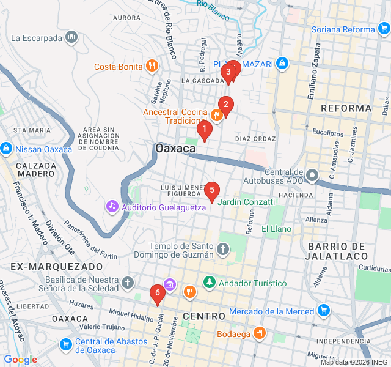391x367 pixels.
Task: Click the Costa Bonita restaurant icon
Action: pyautogui.click(x=152, y=66)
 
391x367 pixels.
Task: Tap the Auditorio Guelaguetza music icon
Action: pyautogui.click(x=112, y=206)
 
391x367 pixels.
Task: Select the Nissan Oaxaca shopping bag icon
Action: pyautogui.click(x=5, y=148)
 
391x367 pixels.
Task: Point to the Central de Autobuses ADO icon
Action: pyautogui.click(x=312, y=176)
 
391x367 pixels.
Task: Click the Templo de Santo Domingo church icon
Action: pyautogui.click(x=223, y=250)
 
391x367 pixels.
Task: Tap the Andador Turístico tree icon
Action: pyautogui.click(x=210, y=283)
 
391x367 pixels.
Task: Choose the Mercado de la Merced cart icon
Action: pyautogui.click(x=324, y=312)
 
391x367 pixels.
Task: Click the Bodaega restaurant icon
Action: pyautogui.click(x=260, y=334)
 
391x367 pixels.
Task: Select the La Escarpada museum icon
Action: pyautogui.click(x=72, y=37)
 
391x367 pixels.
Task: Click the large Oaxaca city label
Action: pyautogui.click(x=175, y=149)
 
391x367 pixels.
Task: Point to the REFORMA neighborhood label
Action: pyautogui.click(x=346, y=108)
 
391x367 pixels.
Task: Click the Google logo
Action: pyautogui.click(x=20, y=360)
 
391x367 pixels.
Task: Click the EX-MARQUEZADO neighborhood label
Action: pyautogui.click(x=56, y=267)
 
